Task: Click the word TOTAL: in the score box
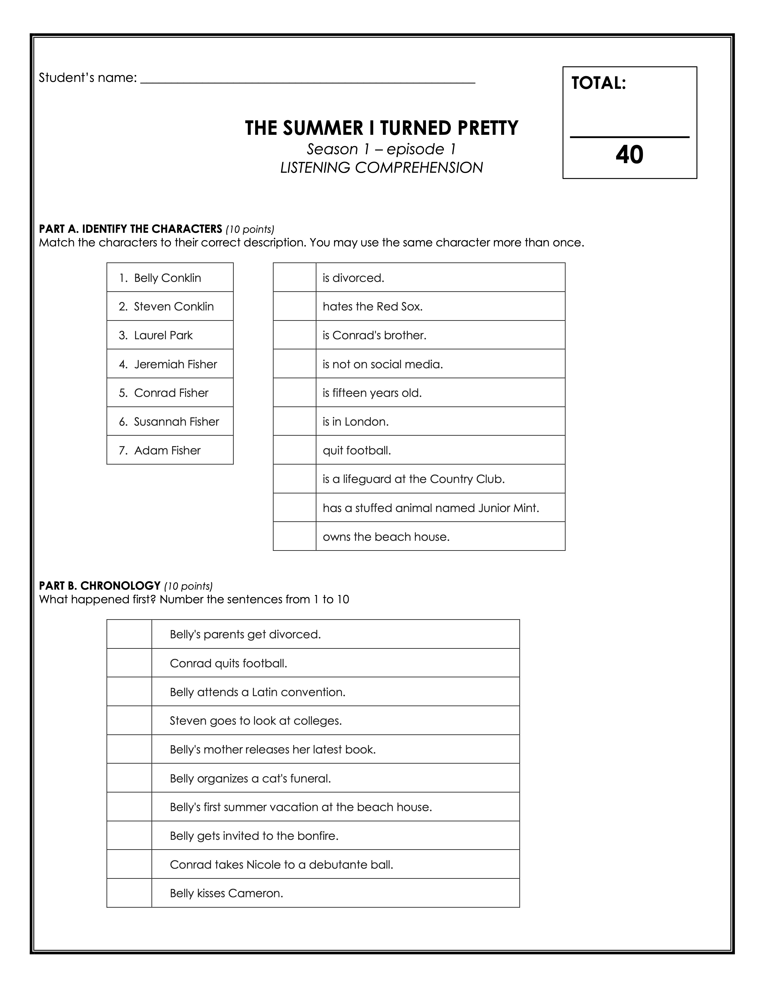pos(598,83)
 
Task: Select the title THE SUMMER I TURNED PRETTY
pos(381,128)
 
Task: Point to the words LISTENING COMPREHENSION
pos(381,168)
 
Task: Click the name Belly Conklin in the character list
pos(167,278)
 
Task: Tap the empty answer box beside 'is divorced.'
pos(294,277)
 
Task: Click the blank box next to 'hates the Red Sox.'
pos(294,306)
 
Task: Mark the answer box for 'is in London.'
pos(294,421)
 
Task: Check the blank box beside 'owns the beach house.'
pos(294,536)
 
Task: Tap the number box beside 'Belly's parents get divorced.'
pos(129,634)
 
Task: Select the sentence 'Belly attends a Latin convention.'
pos(257,692)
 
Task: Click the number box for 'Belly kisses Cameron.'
pos(129,893)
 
